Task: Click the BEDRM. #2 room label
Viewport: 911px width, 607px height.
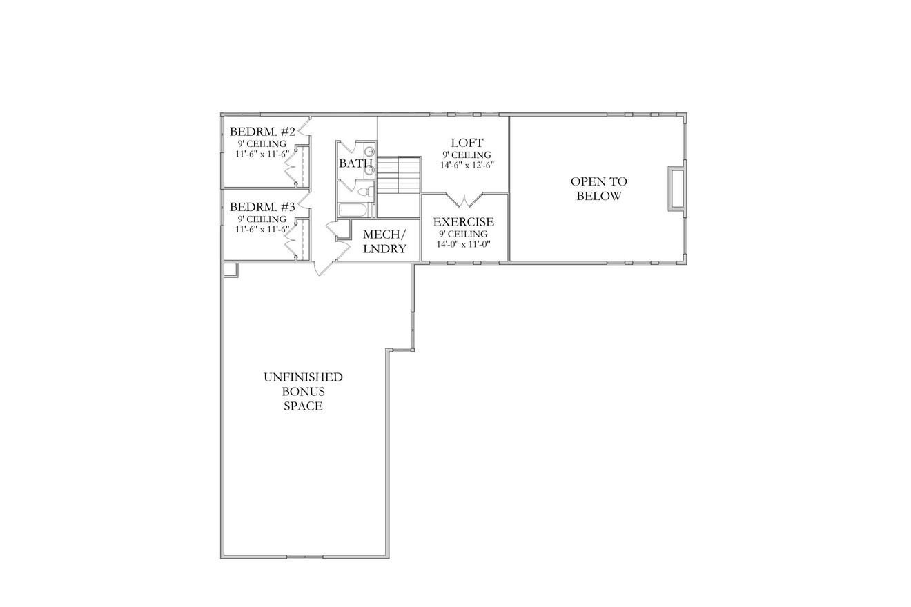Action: point(262,132)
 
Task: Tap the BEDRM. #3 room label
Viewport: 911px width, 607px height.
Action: point(262,207)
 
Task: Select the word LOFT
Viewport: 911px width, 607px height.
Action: point(467,143)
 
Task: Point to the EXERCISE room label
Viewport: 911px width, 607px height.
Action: point(463,222)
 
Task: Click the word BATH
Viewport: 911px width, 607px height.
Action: point(355,163)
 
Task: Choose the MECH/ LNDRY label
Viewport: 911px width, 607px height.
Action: point(384,241)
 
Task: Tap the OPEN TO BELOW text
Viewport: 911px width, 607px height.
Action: point(598,188)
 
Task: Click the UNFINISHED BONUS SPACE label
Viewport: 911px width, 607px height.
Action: point(303,391)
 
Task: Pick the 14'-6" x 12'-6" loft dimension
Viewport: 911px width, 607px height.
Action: point(467,166)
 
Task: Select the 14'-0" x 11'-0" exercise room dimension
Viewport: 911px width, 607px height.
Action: point(463,243)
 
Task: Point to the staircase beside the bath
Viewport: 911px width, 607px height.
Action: point(398,175)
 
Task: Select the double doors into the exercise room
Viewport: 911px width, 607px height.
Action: point(464,200)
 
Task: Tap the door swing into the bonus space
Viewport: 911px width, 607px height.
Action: point(321,265)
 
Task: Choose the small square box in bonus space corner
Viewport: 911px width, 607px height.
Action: point(231,269)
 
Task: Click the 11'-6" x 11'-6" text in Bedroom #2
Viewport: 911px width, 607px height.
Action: point(262,154)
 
